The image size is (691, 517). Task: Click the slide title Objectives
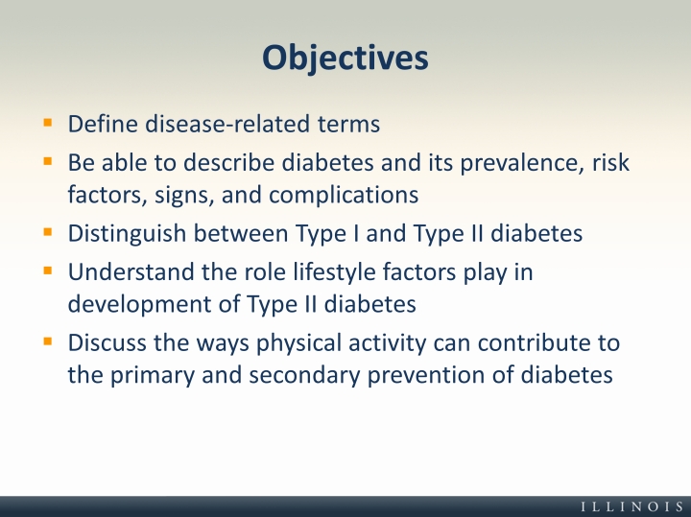point(345,58)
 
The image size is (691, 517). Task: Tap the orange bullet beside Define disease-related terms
point(48,123)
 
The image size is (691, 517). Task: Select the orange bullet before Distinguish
point(48,231)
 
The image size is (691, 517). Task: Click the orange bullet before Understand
point(48,270)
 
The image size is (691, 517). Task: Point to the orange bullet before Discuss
point(48,341)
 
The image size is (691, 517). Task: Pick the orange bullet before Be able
point(48,161)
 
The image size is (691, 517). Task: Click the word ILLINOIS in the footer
point(632,506)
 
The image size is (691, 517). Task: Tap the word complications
point(344,195)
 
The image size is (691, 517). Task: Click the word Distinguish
point(127,234)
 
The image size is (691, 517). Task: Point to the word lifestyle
point(334,272)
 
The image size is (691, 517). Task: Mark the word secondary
point(304,376)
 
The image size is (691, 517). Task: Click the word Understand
point(131,271)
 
